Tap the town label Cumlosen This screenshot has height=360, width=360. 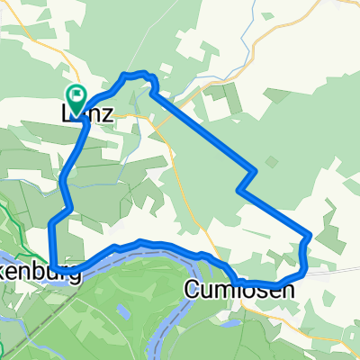(239, 289)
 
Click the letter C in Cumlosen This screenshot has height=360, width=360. (193, 289)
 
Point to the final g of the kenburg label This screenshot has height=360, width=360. (75, 275)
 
